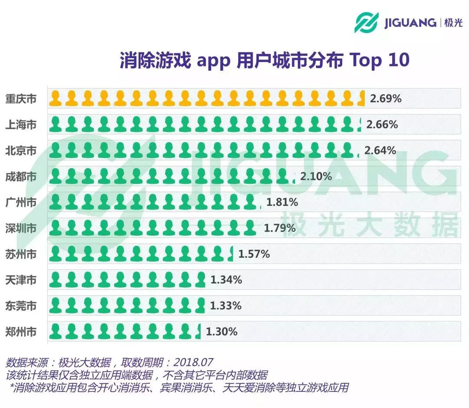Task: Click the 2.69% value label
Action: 386,99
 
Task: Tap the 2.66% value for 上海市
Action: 382,125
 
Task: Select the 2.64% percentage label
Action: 380,151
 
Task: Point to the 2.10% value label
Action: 316,176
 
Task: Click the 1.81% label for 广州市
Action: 282,202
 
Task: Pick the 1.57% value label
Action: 254,254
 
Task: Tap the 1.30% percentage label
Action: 221,332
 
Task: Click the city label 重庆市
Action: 21,99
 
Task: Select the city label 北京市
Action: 21,151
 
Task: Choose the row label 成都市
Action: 21,176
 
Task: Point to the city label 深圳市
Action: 21,228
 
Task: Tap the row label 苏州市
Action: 21,254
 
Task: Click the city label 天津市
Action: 21,280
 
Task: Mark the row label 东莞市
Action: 21,306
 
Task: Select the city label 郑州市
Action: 21,332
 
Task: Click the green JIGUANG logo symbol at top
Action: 367,22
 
